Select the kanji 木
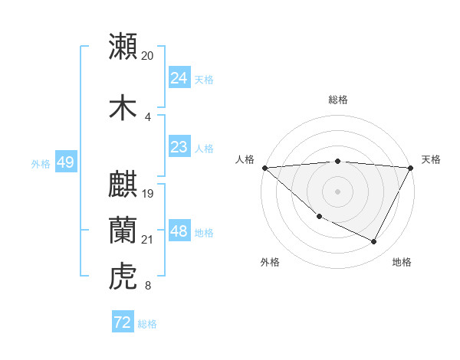point(123,107)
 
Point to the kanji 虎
point(123,277)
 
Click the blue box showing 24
point(179,78)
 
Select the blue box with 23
point(179,147)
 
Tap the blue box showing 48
point(179,231)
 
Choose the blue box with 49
point(65,162)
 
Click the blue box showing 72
point(123,322)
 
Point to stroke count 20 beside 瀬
point(147,56)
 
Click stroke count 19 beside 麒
point(149,194)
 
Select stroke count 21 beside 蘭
point(148,240)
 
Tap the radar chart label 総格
point(338,100)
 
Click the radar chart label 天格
point(431,159)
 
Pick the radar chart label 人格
point(245,159)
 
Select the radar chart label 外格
point(270,262)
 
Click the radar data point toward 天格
point(412,168)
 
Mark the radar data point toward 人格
point(264,168)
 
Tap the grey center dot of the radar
point(338,191)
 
